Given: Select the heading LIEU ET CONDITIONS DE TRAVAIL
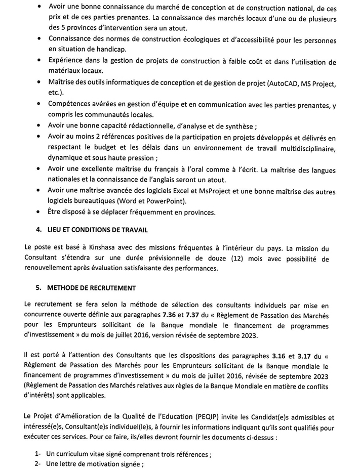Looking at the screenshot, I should pos(96,230).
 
